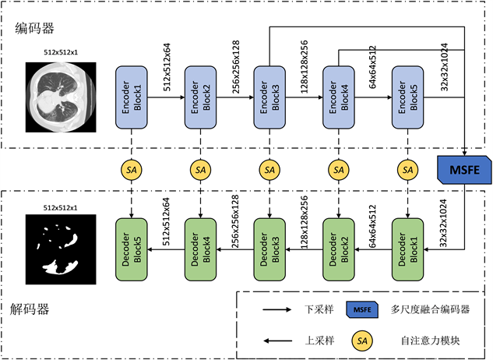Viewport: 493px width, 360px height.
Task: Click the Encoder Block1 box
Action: pos(132,99)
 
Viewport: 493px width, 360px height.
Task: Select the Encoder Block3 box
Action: pos(270,99)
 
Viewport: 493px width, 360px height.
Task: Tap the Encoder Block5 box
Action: pos(408,99)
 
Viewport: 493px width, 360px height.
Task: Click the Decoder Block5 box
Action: pos(132,249)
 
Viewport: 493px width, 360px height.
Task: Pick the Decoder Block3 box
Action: pos(270,249)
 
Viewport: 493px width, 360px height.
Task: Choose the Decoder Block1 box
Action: pos(408,249)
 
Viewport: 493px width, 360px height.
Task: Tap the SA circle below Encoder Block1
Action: pos(132,169)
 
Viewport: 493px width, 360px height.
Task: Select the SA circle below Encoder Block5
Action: pos(408,169)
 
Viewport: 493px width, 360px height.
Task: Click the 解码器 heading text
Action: pos(32,309)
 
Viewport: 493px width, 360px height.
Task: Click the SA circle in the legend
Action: pos(361,341)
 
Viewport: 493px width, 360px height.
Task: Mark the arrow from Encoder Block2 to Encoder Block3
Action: pos(236,99)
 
